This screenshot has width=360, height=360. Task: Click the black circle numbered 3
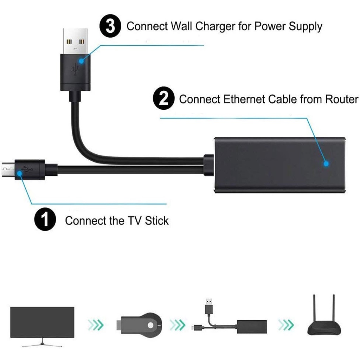coord(110,26)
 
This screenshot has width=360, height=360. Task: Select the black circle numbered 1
coord(45,220)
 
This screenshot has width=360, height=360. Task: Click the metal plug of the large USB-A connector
coord(76,41)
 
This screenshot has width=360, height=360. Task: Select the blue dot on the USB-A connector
coord(81,61)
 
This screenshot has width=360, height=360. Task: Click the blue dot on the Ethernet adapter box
coord(326,163)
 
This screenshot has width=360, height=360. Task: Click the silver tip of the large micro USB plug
coord(8,169)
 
